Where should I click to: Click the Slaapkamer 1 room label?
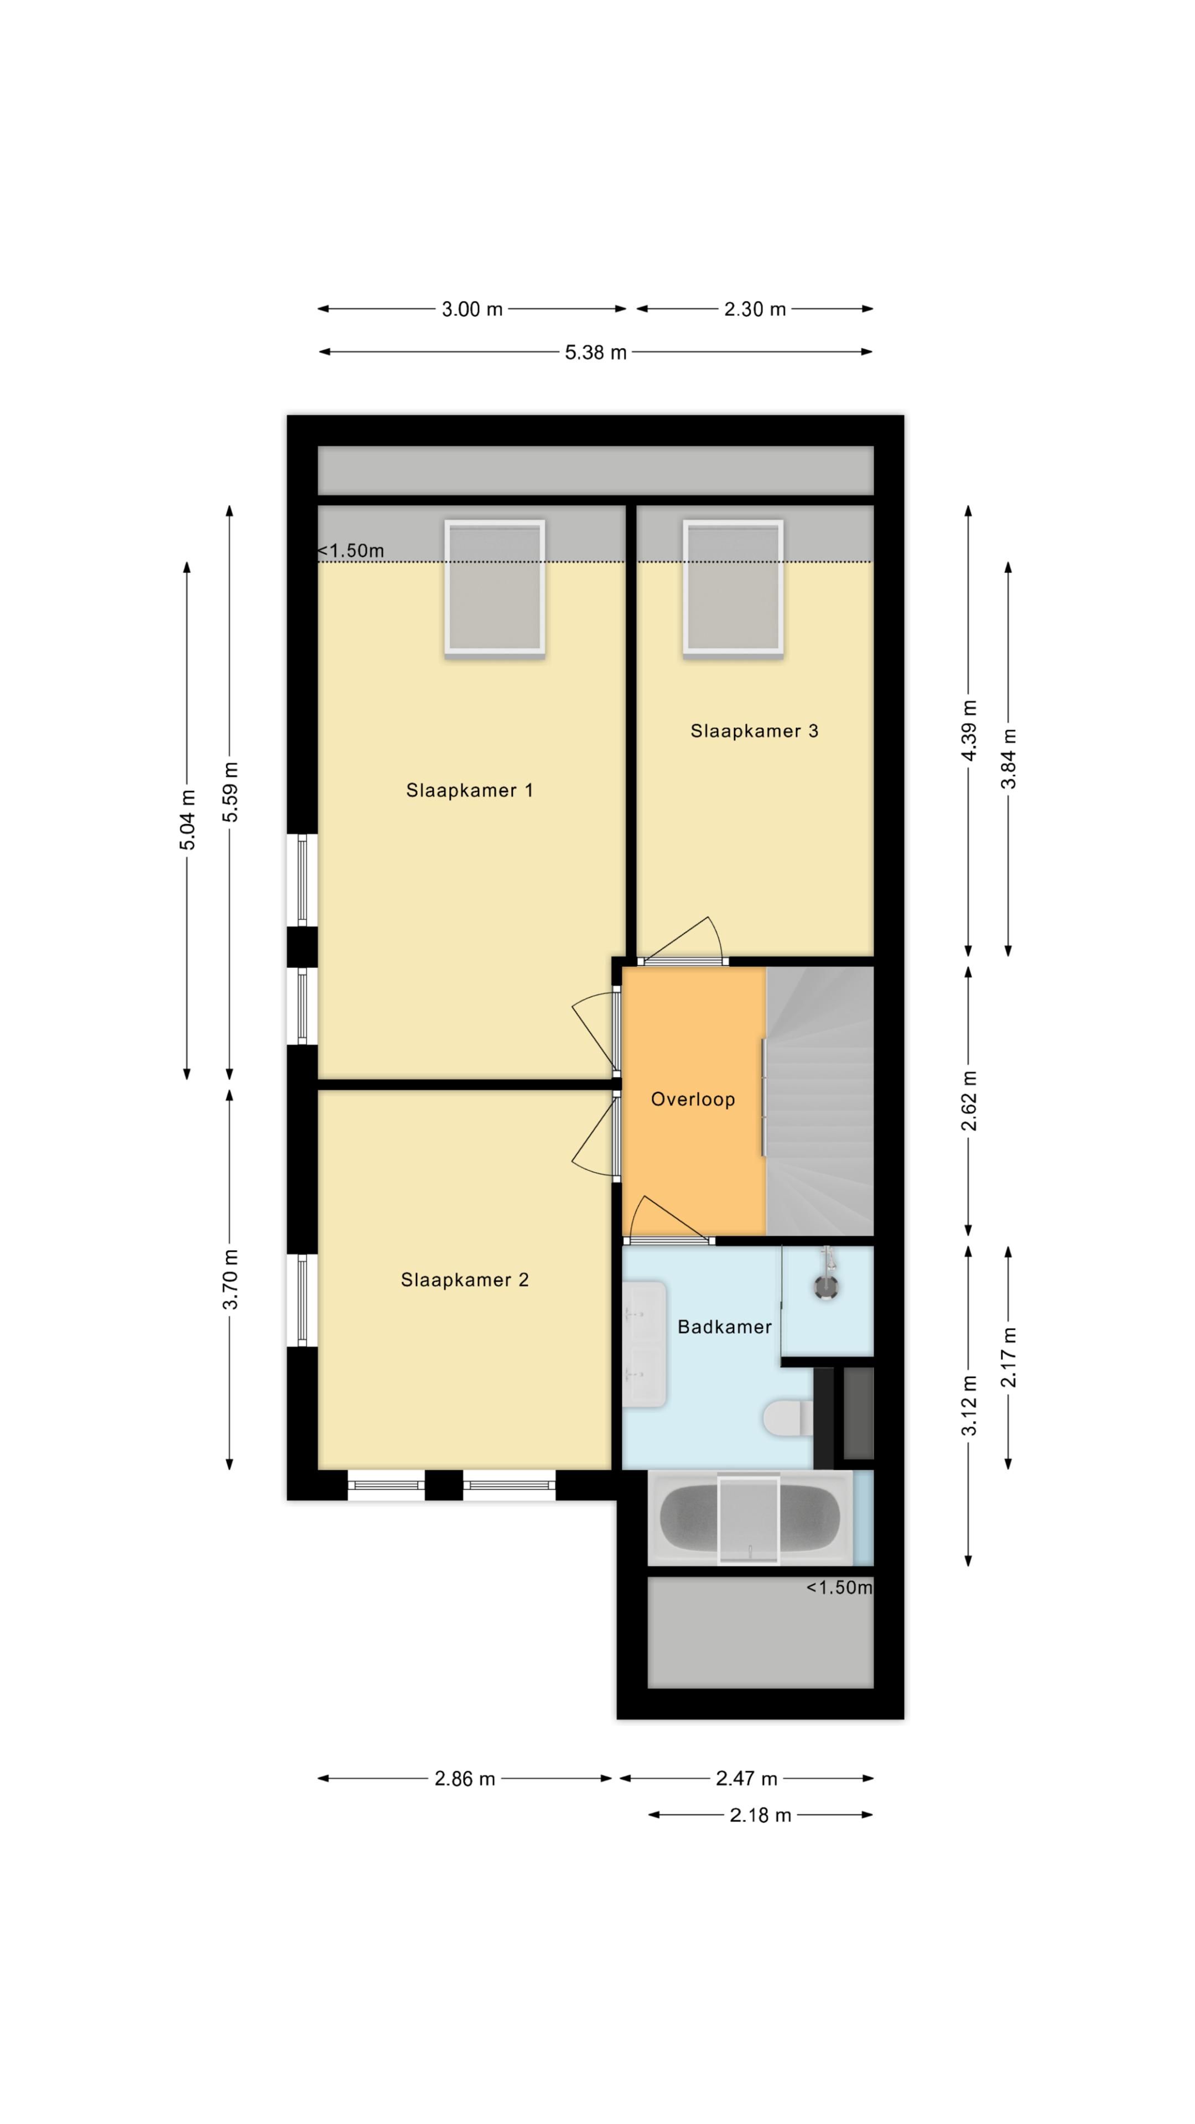pos(469,790)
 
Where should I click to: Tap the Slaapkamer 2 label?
pos(464,1280)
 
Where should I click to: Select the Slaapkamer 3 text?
pos(754,731)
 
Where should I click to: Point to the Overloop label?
pos(693,1099)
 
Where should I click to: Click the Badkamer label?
pos(724,1327)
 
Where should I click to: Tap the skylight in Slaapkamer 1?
pos(495,588)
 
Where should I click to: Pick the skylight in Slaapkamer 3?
pos(732,588)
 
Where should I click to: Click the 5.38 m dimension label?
pos(595,353)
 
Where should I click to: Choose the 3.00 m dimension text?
pos(472,309)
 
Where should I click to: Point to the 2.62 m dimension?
pos(969,1101)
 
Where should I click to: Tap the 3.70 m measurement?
pos(230,1279)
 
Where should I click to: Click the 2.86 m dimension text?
pos(465,1778)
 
